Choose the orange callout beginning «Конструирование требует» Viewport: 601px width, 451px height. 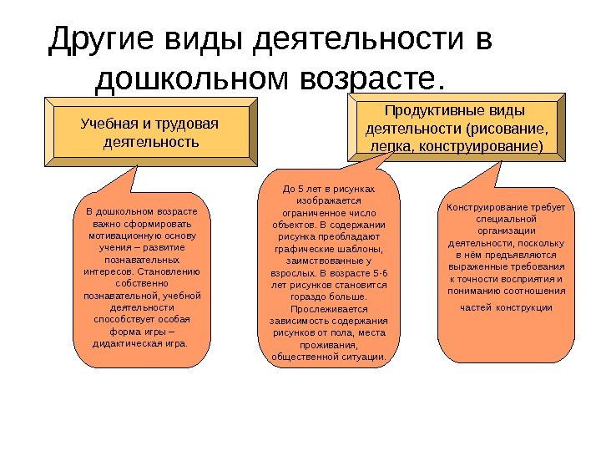tap(507, 276)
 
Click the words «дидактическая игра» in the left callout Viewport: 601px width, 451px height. tap(139, 343)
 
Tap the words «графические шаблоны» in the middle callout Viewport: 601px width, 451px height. tap(329, 249)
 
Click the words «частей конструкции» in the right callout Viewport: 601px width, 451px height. tap(507, 307)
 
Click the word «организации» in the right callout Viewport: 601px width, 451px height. tap(507, 231)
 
